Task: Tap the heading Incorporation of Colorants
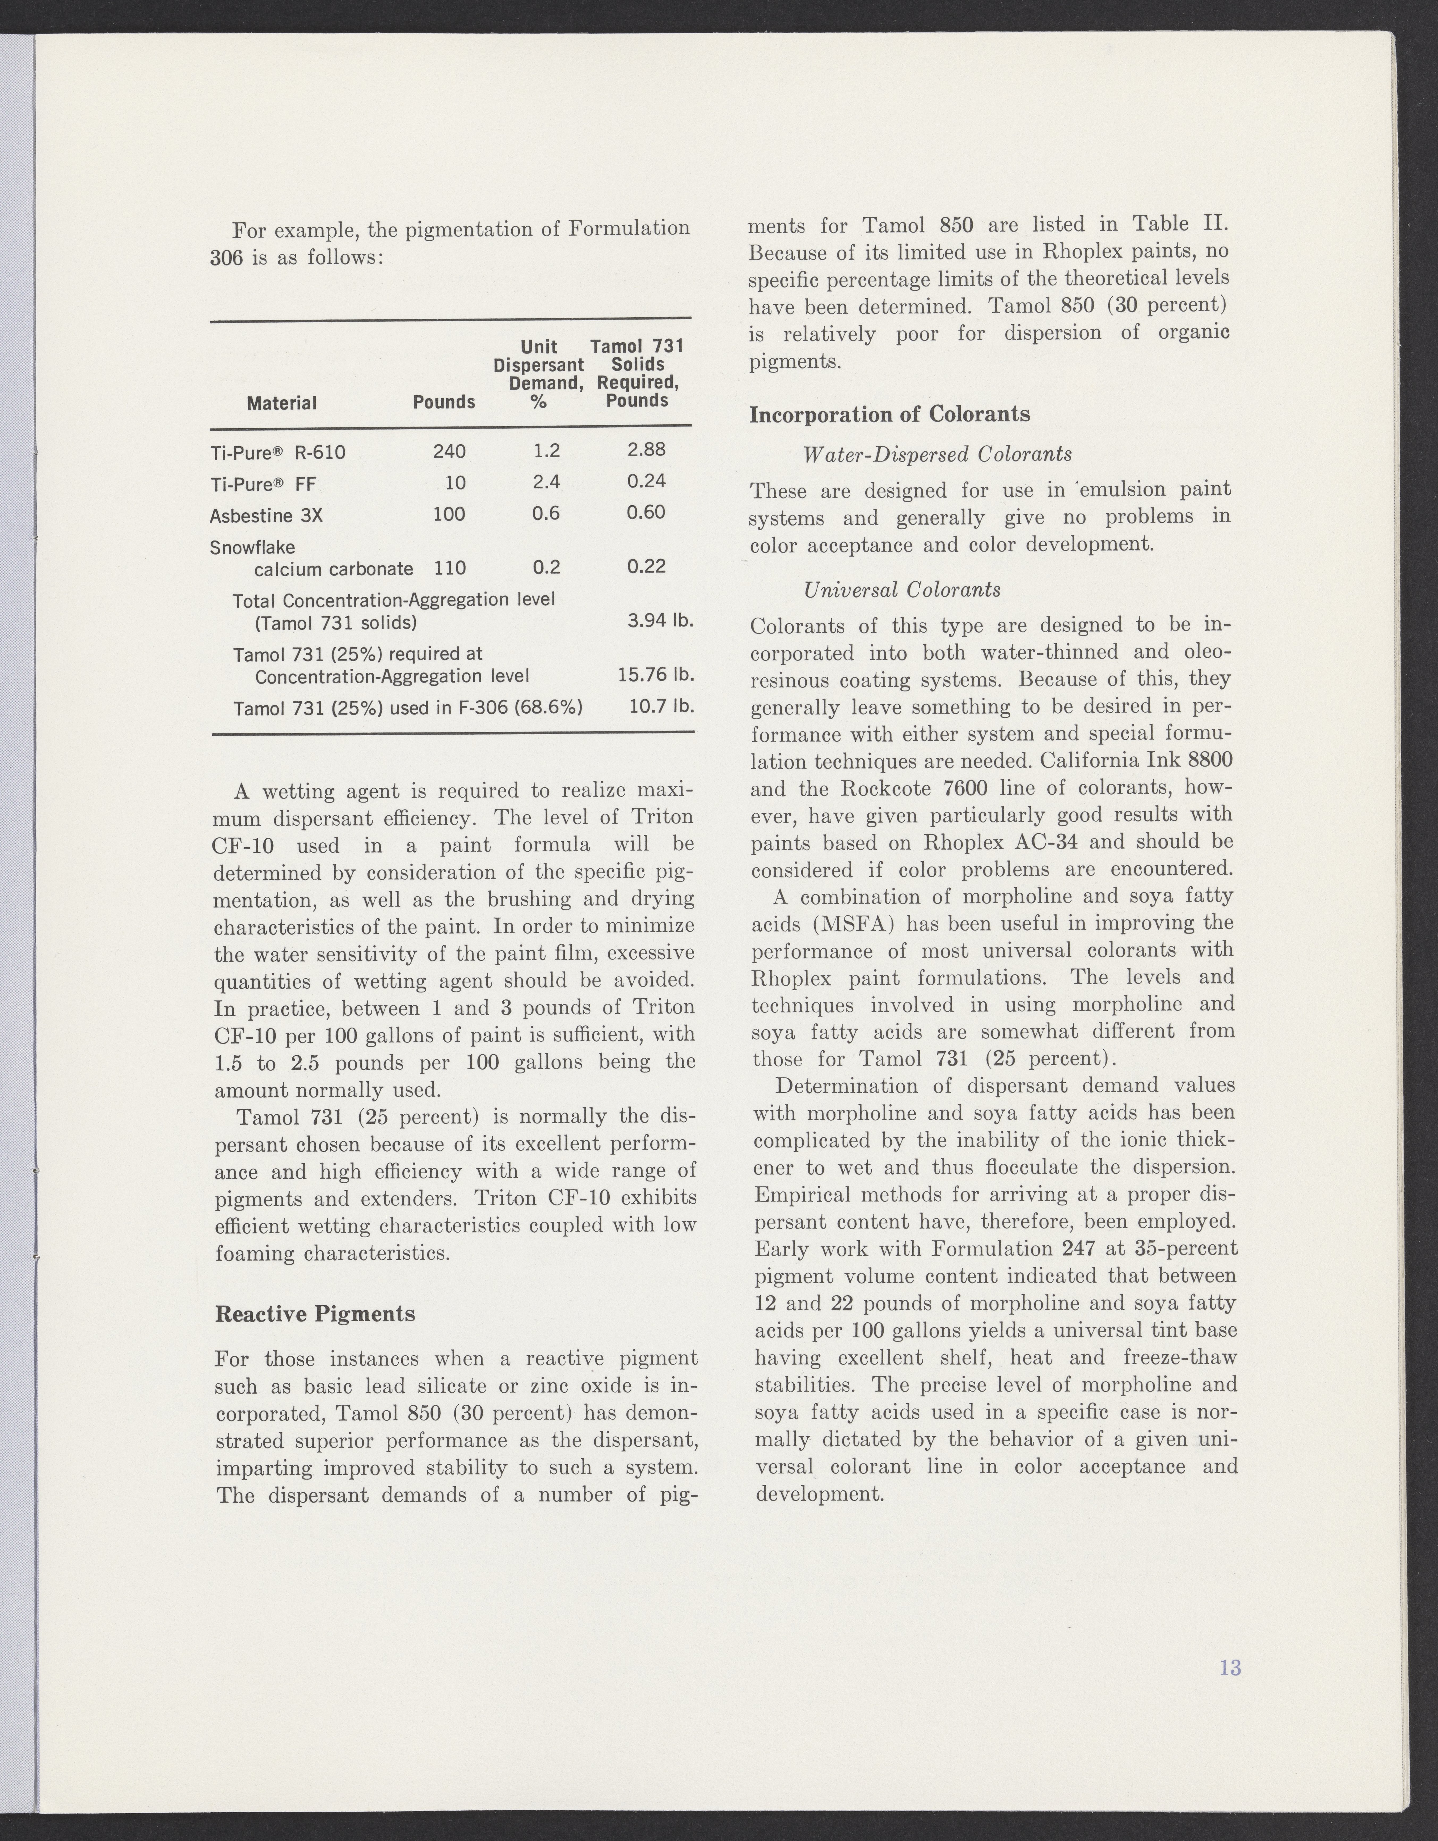[x=890, y=415]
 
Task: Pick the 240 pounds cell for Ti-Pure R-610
[x=449, y=452]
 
